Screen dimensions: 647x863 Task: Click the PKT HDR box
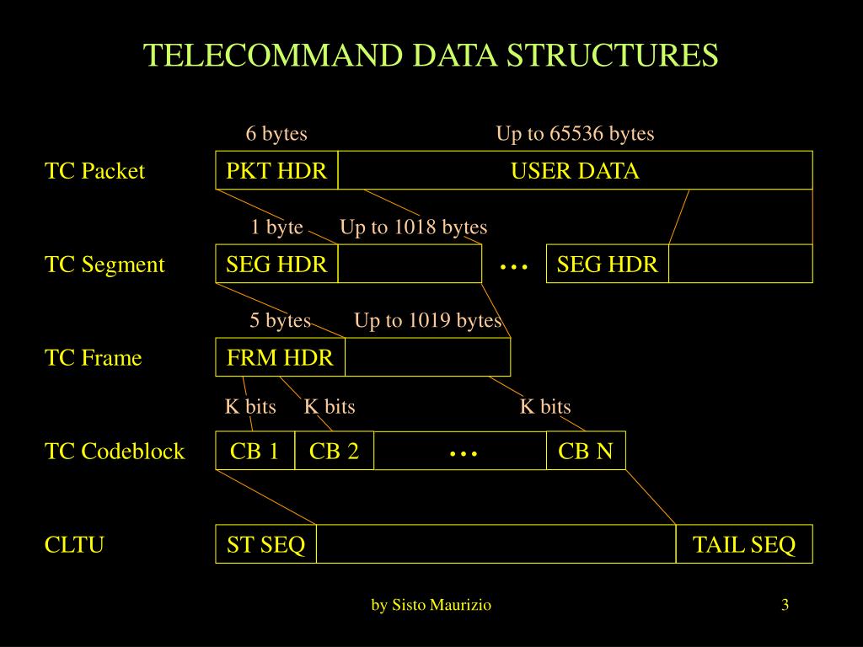276,171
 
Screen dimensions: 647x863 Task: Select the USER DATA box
575,171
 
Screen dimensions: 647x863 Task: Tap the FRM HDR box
280,358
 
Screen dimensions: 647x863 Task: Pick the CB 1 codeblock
255,452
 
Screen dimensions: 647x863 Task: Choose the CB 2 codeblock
334,452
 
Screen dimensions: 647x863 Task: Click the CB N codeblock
586,452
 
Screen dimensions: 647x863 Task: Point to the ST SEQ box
265,545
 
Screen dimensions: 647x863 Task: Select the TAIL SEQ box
744,545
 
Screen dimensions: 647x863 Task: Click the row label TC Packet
94,171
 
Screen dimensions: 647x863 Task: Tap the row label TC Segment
105,265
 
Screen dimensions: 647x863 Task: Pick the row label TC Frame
93,358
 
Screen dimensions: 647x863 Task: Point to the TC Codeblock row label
115,452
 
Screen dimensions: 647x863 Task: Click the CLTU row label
74,545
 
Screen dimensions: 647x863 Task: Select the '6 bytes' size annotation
276,134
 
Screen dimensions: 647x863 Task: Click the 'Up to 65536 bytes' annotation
575,134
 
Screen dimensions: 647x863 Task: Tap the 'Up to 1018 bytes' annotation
413,227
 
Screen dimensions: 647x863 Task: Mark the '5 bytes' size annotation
280,321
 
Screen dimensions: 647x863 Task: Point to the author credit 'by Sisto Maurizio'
431,605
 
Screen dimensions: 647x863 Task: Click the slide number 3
785,605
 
